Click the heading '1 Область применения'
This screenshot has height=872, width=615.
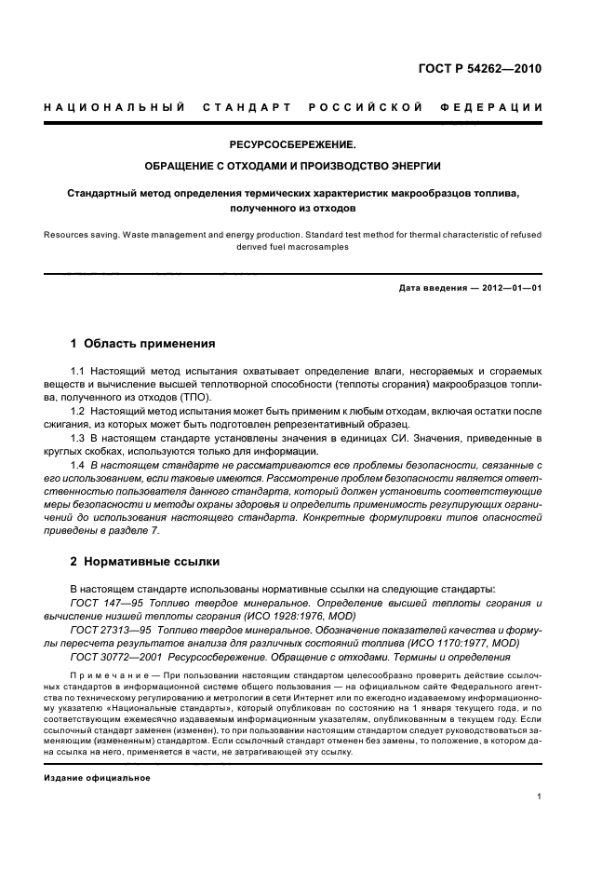pyautogui.click(x=143, y=343)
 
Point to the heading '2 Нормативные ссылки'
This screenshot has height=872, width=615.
pyautogui.click(x=145, y=563)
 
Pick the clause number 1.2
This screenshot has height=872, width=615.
pyautogui.click(x=79, y=411)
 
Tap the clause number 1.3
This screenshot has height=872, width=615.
pyautogui.click(x=79, y=438)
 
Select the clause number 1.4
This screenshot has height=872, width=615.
pyautogui.click(x=79, y=464)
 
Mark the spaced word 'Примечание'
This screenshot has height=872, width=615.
pyautogui.click(x=102, y=674)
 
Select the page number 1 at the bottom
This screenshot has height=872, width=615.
pyautogui.click(x=540, y=797)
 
